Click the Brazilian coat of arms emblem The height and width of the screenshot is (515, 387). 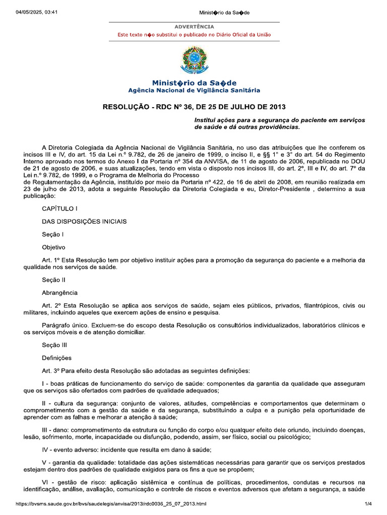pos(194,60)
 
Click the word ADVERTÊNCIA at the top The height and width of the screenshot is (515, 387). pos(194,27)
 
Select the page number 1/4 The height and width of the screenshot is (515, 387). pos(368,503)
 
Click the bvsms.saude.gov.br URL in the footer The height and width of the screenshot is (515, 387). pos(111,503)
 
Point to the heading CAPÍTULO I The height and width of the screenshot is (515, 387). pos(59,208)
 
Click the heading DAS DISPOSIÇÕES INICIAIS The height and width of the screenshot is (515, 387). pos(84,221)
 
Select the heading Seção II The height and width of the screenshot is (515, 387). pos(54,280)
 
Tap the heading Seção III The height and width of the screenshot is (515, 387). pos(54,345)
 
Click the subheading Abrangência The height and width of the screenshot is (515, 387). pos(60,293)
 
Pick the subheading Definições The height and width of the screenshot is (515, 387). pos(57,358)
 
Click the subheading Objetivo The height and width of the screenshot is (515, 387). pos(53,247)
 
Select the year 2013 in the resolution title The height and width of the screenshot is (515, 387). pos(278,107)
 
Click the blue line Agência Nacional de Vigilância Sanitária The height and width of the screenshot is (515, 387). pos(194,91)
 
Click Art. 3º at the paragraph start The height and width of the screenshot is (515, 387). pos(51,371)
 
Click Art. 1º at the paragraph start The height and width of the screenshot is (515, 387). pos(51,260)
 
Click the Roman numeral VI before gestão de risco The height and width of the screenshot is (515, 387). pos(45,482)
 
